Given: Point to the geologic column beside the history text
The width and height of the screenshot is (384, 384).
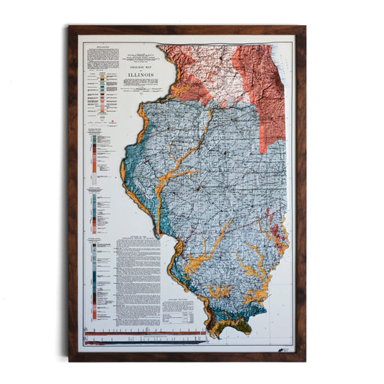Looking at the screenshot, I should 95,281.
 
